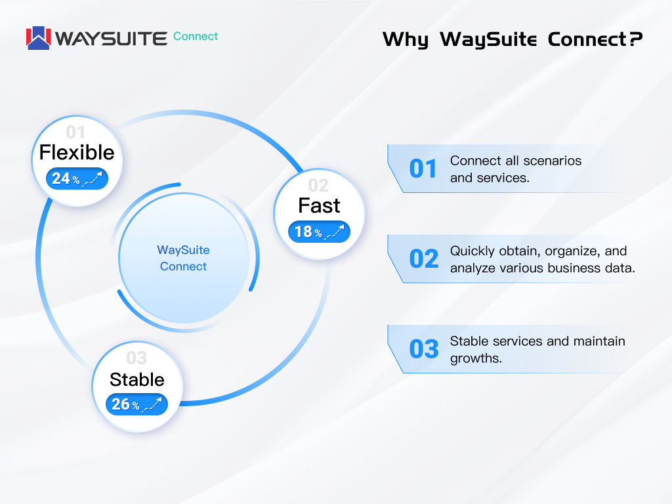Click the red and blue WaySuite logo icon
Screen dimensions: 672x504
click(x=39, y=38)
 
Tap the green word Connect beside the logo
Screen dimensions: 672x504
click(x=196, y=37)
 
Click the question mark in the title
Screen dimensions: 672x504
click(x=636, y=39)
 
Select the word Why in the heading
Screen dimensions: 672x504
click(x=406, y=40)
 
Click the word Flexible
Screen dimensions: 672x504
click(x=77, y=152)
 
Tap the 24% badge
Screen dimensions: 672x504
click(x=77, y=178)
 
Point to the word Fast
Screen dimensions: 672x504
click(x=319, y=205)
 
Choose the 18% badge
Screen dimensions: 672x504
click(x=320, y=232)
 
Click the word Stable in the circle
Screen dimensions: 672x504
click(x=136, y=380)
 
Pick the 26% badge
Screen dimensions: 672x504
click(x=136, y=404)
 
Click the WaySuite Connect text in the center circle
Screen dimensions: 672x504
click(x=184, y=258)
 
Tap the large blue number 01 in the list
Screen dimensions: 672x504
click(x=423, y=169)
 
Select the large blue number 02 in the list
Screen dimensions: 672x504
click(x=424, y=259)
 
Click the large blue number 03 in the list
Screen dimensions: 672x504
click(x=424, y=349)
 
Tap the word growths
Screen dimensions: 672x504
click(x=476, y=359)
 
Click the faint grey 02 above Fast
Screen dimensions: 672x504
click(x=318, y=186)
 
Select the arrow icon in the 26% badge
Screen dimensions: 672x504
click(x=152, y=404)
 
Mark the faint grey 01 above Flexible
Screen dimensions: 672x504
click(x=75, y=133)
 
